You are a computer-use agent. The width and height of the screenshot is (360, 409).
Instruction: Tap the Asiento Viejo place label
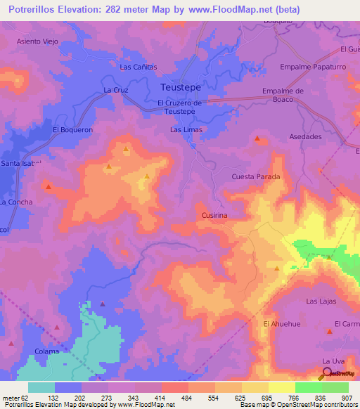click(38, 41)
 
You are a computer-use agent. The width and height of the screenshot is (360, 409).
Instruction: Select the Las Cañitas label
click(139, 67)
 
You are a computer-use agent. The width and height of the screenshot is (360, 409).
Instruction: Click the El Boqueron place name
click(72, 129)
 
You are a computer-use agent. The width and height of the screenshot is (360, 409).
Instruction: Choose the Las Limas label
click(186, 130)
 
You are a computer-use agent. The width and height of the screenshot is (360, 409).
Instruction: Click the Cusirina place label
click(214, 216)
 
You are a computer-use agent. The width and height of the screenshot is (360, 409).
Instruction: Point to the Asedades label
click(305, 136)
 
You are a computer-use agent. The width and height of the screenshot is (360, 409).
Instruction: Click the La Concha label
click(15, 202)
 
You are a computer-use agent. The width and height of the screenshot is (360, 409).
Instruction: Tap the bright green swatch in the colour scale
click(308, 387)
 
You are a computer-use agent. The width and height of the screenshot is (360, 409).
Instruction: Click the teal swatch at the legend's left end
click(41, 387)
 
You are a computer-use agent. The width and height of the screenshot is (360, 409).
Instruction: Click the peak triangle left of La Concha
click(49, 186)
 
